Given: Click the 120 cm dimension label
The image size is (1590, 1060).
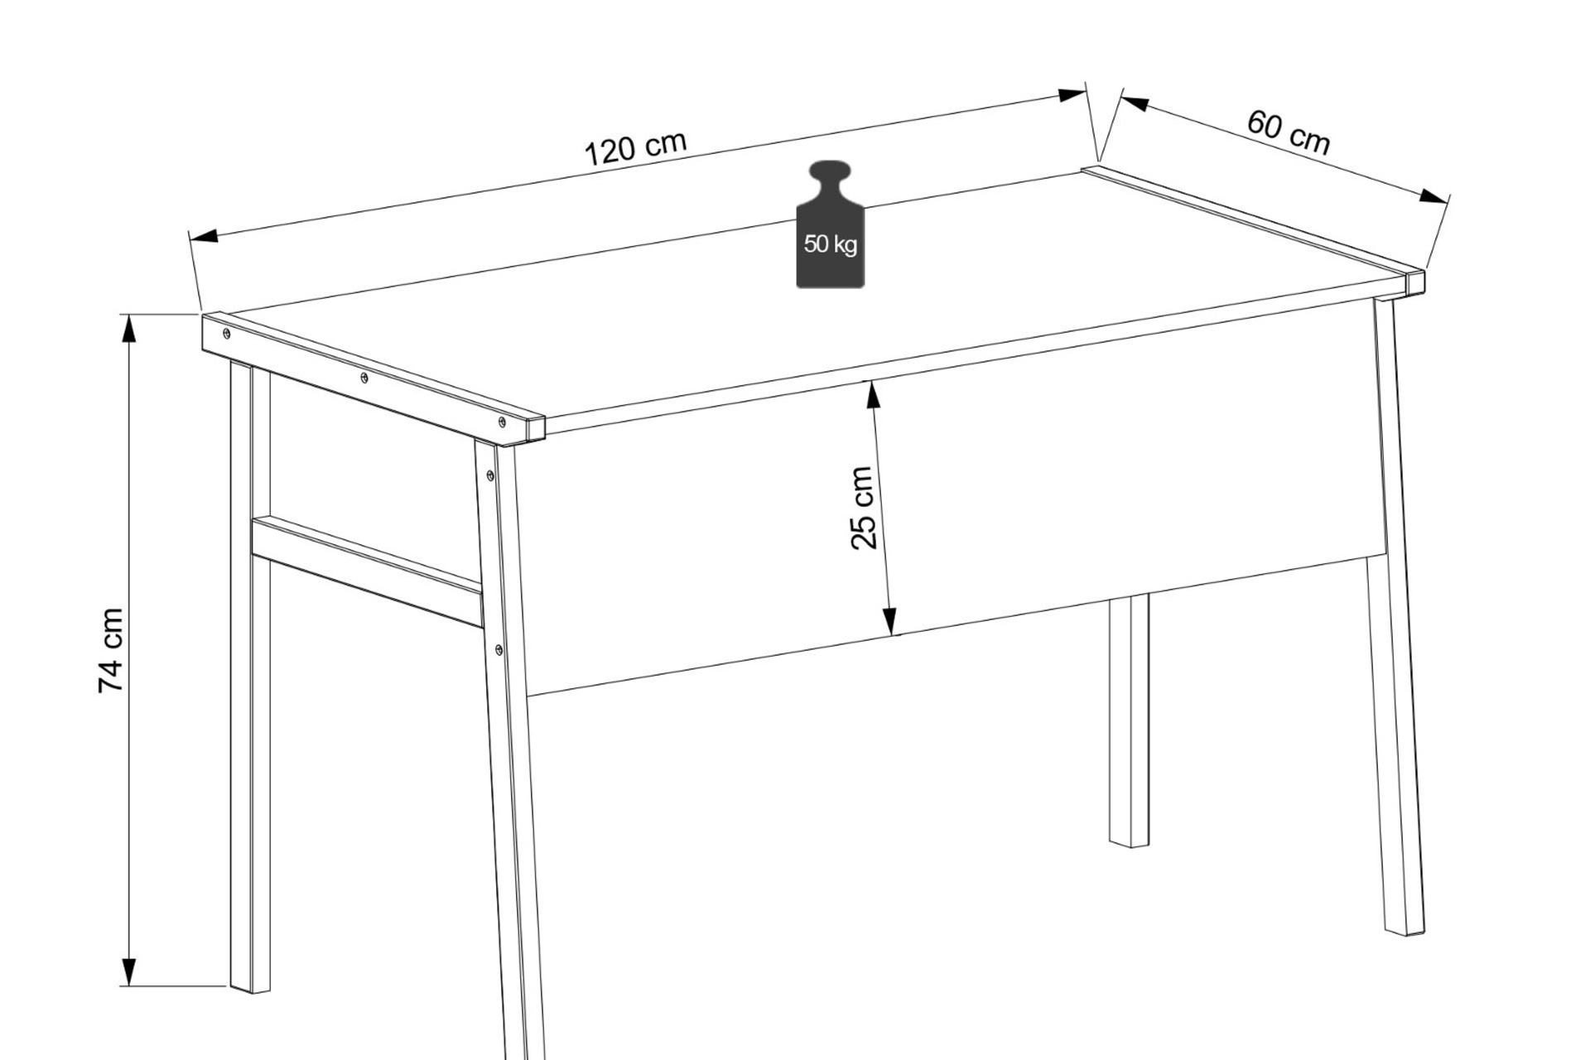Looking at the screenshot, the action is click(636, 147).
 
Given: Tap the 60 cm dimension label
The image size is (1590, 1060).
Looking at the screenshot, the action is click(1289, 132).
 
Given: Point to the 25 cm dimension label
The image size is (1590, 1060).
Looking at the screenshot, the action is click(862, 508).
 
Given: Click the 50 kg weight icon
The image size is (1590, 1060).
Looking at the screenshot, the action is click(830, 224).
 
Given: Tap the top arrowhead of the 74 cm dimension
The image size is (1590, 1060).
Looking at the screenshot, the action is click(128, 329).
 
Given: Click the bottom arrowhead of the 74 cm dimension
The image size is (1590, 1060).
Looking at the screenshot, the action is click(128, 972).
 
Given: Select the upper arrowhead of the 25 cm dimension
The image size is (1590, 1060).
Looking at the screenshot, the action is click(870, 395).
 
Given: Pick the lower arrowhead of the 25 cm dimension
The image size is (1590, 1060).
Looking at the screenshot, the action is click(889, 621).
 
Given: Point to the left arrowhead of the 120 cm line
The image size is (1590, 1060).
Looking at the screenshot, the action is click(204, 236).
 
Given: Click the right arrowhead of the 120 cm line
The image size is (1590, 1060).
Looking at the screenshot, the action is click(1072, 94).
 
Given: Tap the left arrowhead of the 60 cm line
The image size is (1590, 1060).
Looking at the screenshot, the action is click(1135, 104).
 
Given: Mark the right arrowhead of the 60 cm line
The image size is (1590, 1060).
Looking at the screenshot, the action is click(1434, 197).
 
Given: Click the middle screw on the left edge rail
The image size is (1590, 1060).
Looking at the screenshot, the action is click(364, 378).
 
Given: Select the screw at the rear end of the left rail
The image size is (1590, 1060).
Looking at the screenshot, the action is click(226, 334).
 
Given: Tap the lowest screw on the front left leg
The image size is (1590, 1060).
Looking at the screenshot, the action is click(499, 650).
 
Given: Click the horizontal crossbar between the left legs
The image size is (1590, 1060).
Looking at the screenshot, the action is click(367, 571).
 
